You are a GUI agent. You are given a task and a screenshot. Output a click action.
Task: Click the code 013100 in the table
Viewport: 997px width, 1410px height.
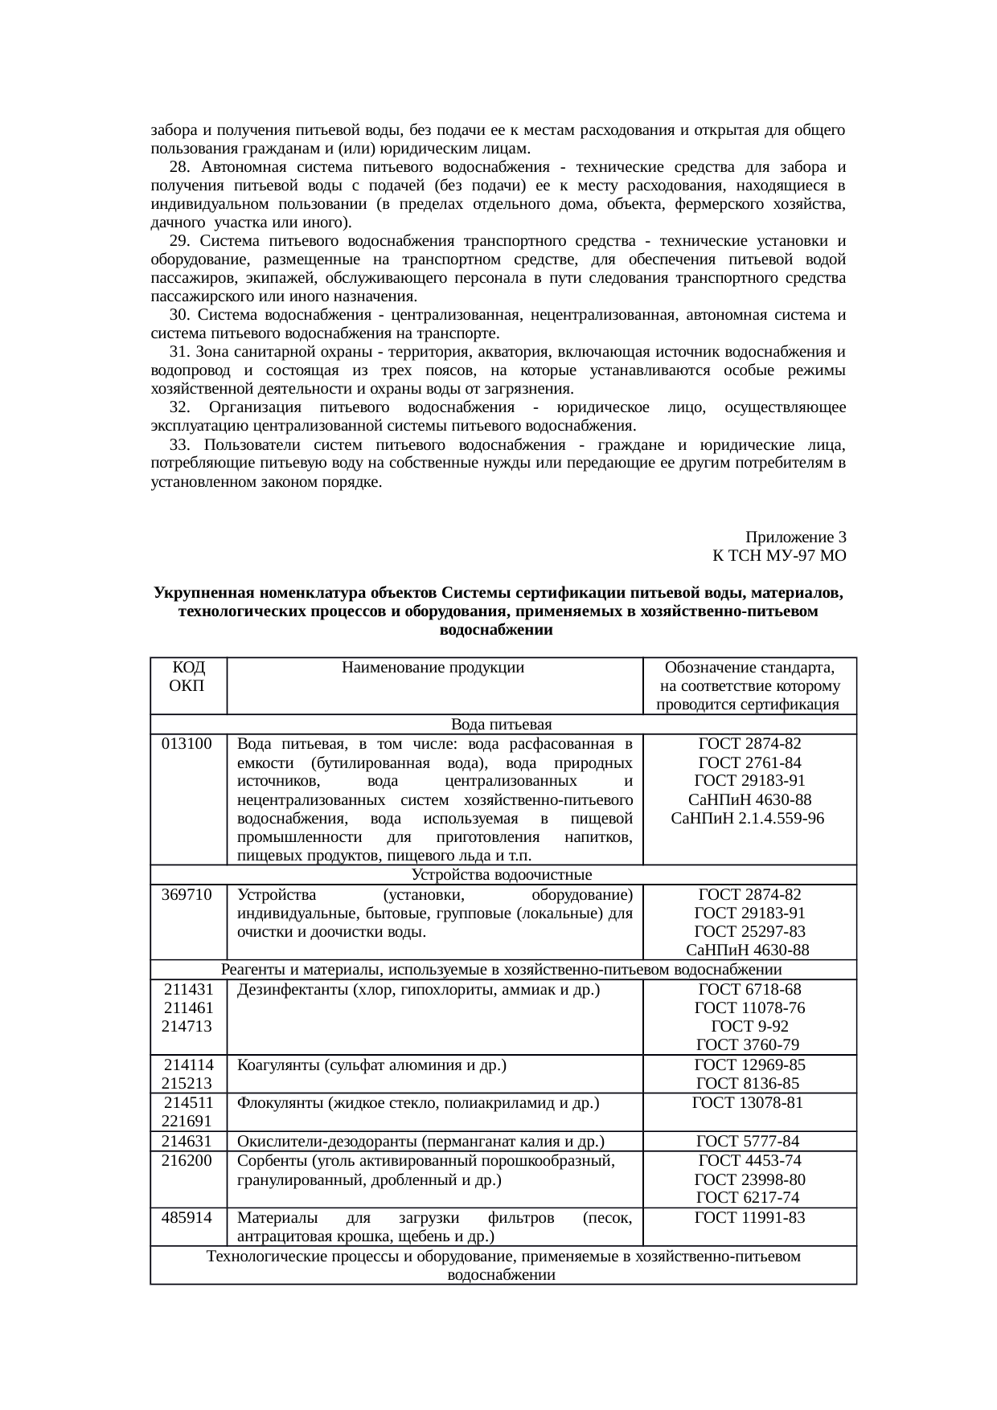coord(187,744)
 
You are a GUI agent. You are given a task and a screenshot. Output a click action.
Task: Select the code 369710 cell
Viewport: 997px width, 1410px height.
coord(187,895)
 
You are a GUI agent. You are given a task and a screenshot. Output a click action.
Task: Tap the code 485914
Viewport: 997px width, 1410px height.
coord(187,1218)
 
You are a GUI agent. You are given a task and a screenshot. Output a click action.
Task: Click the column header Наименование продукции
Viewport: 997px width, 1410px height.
coord(433,668)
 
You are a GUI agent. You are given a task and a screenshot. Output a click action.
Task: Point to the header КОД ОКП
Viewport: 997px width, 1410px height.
coord(188,676)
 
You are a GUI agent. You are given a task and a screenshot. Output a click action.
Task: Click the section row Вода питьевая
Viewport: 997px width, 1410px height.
coord(502,725)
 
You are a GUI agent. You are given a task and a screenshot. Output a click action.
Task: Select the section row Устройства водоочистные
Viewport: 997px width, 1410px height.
coord(502,875)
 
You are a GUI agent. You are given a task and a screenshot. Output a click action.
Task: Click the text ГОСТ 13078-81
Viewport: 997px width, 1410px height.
coord(749,1102)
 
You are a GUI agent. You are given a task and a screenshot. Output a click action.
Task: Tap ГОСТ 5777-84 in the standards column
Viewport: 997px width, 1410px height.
coord(749,1141)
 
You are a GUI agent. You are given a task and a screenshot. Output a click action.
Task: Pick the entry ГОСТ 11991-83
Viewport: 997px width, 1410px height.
coord(749,1218)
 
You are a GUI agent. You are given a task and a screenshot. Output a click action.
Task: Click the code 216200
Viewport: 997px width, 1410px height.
coord(187,1161)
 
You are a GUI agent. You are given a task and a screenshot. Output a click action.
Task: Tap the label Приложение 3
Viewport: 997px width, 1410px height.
coord(795,537)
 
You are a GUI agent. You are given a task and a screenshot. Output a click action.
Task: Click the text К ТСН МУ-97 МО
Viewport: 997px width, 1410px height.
coord(778,555)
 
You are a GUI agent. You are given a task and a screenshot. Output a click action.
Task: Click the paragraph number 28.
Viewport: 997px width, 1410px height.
coord(179,167)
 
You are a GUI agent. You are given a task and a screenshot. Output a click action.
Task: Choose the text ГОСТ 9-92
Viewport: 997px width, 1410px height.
coord(749,1027)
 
